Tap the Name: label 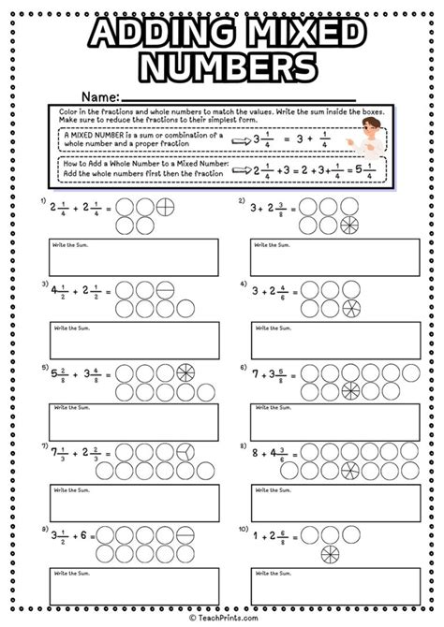[99, 96]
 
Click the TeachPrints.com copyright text [222, 619]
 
